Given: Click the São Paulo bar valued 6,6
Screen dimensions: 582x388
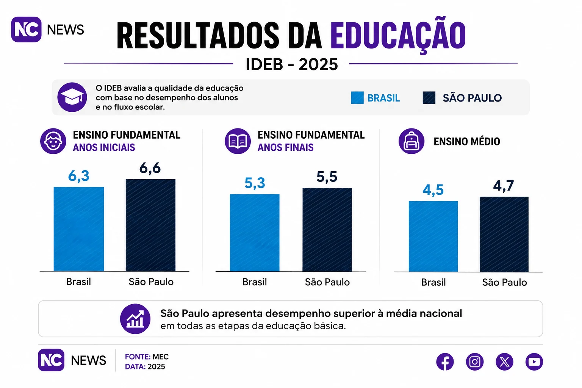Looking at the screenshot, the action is (150, 225).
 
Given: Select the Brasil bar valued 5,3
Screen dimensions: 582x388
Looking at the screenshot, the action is (255, 233).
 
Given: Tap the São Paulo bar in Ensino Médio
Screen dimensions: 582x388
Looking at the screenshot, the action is (504, 235).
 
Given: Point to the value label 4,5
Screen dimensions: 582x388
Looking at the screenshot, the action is (433, 190).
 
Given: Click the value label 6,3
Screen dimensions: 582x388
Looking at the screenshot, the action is (79, 176).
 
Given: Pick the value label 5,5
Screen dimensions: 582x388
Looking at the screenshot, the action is (327, 177).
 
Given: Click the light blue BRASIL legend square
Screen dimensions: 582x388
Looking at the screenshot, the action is (357, 98).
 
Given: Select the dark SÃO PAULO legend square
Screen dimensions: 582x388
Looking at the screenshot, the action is (429, 98).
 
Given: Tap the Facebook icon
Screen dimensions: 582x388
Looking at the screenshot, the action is (445, 361).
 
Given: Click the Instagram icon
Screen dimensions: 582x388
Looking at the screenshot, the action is (475, 361).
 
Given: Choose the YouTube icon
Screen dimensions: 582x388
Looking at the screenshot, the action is (534, 361).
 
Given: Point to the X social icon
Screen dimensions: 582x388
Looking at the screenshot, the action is (505, 361).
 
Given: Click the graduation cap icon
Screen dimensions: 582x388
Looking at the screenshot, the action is (72, 97).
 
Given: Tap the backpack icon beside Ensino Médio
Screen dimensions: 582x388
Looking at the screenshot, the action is (411, 141).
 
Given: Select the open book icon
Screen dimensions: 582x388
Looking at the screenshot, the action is (238, 141).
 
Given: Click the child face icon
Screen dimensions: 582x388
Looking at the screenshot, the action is (53, 141).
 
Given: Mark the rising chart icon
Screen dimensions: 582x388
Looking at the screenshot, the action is (135, 319).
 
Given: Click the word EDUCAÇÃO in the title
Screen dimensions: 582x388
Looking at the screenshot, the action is (398, 35).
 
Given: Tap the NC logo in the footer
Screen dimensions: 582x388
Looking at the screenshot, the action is (51, 360).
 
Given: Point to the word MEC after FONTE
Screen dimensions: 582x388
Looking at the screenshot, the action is (161, 357).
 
